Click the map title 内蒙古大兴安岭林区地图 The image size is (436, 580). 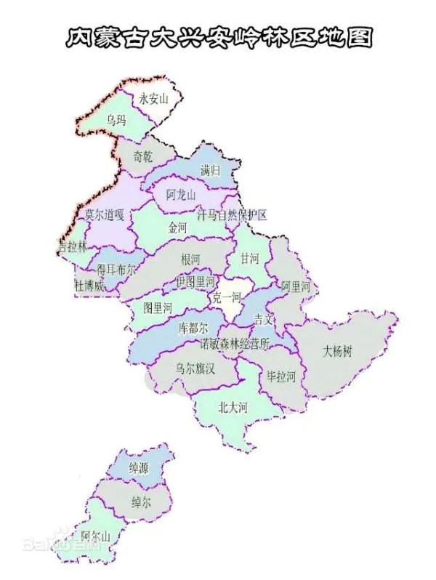[218, 37]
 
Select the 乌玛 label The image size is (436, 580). [116, 119]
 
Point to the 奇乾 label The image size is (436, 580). [143, 156]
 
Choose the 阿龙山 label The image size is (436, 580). [181, 195]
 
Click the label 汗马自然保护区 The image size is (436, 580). [233, 214]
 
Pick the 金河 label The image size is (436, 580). [177, 228]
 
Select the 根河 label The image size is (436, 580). [191, 259]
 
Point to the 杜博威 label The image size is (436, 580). [89, 286]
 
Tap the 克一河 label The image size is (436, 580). [226, 298]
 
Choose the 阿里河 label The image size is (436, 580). [296, 286]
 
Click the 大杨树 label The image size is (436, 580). [337, 352]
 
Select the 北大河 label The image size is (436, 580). [233, 408]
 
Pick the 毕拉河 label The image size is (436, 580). [281, 376]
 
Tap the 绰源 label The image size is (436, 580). [138, 469]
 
